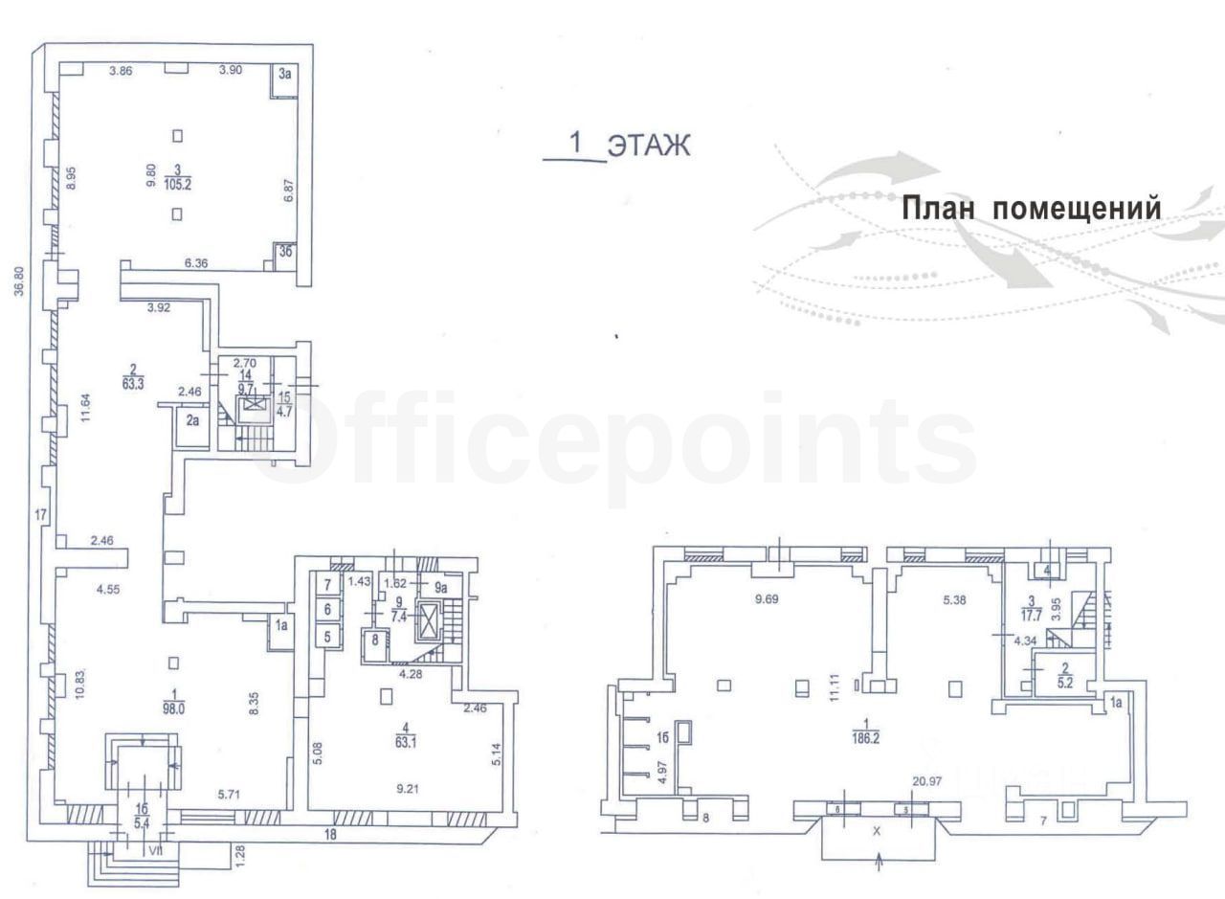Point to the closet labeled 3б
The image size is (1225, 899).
pos(284,252)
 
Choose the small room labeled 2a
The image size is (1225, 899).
pos(192,418)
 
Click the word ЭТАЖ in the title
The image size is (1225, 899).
pos(650,145)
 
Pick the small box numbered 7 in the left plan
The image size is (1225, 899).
pos(326,585)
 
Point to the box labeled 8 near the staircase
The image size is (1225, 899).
pos(374,641)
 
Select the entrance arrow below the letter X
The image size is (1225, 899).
pos(880,864)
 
